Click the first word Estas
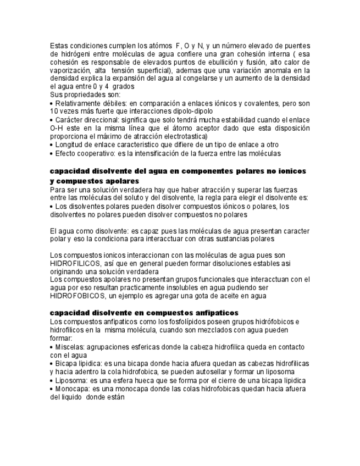point(59,45)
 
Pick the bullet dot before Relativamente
point(52,103)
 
